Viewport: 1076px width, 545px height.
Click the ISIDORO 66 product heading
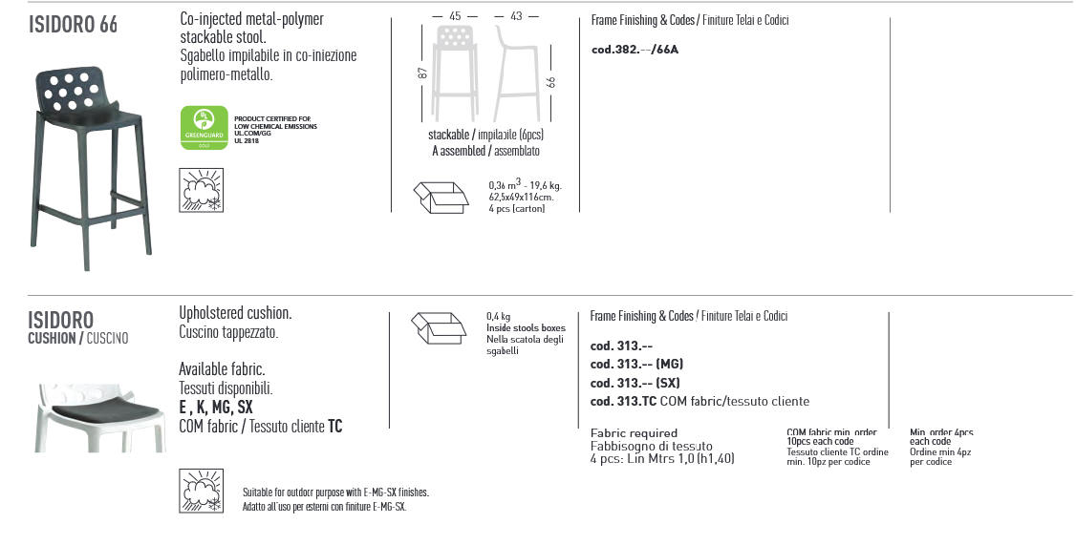point(73,25)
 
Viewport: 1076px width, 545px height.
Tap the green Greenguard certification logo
point(204,128)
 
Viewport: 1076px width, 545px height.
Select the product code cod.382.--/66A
point(635,50)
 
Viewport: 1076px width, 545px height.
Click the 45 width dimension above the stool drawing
point(455,16)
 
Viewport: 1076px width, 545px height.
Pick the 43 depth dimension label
point(516,16)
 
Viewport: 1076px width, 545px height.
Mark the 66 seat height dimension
point(551,82)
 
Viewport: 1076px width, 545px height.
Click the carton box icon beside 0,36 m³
point(441,197)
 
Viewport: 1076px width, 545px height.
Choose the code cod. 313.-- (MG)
point(636,364)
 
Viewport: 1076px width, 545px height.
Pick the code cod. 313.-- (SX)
point(635,383)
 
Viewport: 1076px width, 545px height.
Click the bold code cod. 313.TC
point(622,402)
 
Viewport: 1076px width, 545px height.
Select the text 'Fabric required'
point(634,433)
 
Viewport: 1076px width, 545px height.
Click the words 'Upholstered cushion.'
point(235,313)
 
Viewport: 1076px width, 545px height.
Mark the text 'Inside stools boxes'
point(526,328)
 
